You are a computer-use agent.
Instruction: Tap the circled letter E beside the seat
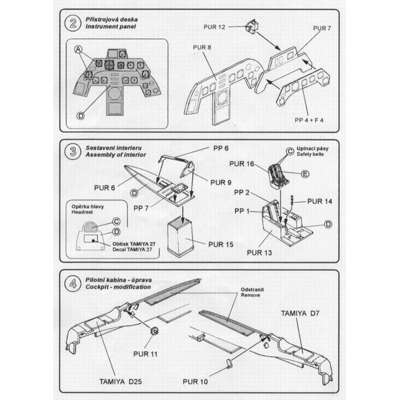click(305, 174)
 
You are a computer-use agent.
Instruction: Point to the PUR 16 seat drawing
click(279, 175)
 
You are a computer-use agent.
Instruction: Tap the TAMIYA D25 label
click(119, 381)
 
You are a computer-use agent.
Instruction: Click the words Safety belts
click(313, 156)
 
